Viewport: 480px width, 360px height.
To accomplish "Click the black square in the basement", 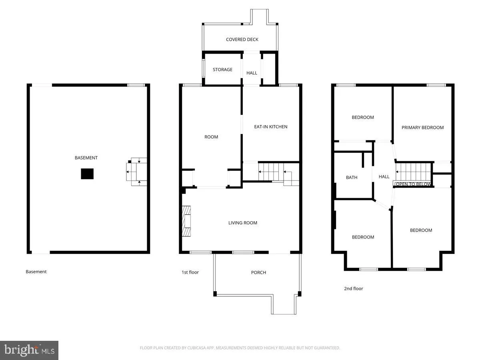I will tap(87, 174).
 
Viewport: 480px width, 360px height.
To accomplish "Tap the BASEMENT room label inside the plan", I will tap(86, 158).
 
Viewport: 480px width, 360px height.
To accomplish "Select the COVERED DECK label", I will tap(242, 40).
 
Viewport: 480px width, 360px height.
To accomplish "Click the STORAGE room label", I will tap(222, 70).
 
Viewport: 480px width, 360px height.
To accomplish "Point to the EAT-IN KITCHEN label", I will tap(271, 127).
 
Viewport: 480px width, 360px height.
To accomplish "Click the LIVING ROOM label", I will tap(243, 223).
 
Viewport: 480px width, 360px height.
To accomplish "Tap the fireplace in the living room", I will tap(186, 222).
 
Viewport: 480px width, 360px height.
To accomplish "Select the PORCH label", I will tap(258, 272).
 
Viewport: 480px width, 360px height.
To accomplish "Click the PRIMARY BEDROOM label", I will tap(423, 128).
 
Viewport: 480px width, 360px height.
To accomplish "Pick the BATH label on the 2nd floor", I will tap(352, 178).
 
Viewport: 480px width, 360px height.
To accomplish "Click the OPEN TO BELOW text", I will tap(414, 184).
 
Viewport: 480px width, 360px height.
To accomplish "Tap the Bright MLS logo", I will tap(29, 350).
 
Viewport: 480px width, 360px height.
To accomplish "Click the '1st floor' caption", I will tap(190, 272).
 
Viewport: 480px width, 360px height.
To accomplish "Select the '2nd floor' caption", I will tap(354, 288).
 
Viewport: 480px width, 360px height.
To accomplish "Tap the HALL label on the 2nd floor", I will tap(384, 177).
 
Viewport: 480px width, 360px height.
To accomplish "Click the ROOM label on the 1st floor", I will tap(211, 137).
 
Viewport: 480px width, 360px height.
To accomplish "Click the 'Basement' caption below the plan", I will tap(36, 272).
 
